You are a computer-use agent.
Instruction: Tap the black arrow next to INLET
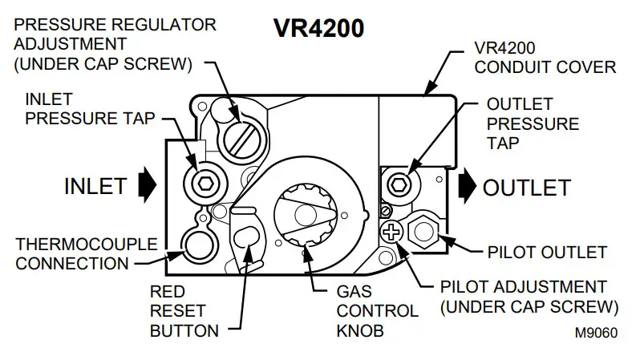(x=146, y=185)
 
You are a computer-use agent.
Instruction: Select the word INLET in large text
(x=95, y=186)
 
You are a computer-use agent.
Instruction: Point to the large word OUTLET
(x=526, y=188)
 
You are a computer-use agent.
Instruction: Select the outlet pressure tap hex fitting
(x=398, y=186)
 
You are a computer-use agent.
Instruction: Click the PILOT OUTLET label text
(x=547, y=252)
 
